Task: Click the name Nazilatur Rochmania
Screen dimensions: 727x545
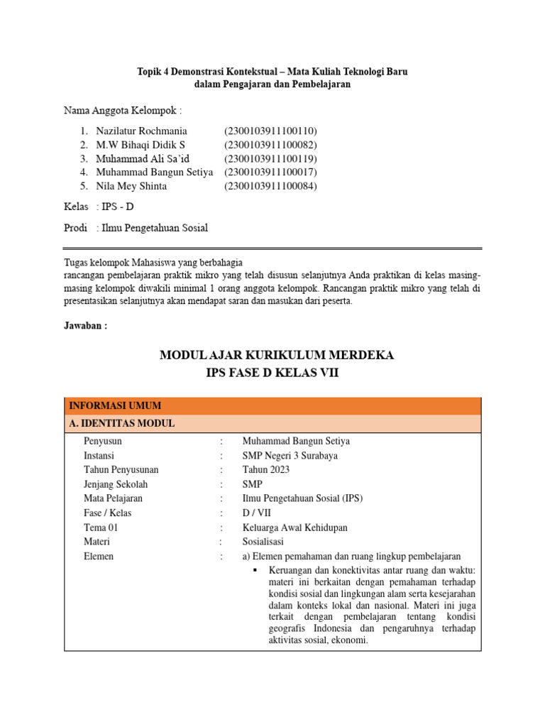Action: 142,131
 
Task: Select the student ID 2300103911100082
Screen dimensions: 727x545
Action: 270,145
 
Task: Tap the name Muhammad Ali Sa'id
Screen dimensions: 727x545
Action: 143,158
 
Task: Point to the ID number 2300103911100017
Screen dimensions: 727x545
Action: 270,173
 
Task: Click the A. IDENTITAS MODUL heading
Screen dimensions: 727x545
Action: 121,424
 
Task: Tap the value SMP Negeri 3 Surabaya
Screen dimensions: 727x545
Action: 290,456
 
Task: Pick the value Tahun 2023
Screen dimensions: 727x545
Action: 266,470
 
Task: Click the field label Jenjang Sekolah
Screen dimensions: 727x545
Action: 115,484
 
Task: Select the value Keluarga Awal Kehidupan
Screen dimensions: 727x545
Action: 294,528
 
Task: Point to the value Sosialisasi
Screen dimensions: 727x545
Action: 265,542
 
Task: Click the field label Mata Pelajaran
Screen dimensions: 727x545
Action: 113,498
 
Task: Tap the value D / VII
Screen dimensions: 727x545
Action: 256,513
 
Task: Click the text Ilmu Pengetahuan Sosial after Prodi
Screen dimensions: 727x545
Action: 155,228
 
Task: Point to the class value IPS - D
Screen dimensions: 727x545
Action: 118,207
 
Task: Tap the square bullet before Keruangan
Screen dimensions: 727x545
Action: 253,570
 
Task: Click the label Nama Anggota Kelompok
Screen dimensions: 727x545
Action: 122,111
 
